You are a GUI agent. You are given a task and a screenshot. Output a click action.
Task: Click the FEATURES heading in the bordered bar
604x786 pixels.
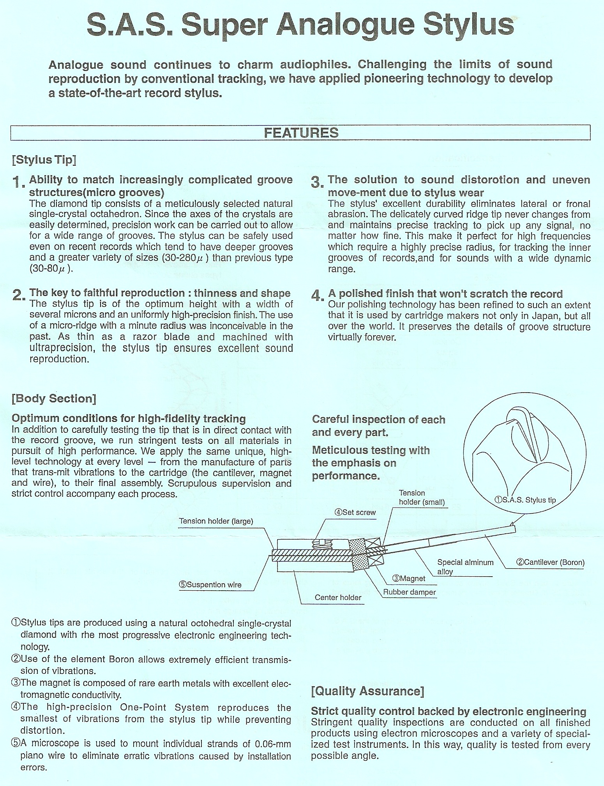point(301,133)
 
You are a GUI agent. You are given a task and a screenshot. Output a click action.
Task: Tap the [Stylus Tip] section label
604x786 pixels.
point(44,160)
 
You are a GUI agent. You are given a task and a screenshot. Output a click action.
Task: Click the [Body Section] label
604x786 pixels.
point(54,398)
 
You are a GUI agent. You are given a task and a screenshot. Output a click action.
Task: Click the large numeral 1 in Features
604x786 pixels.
point(17,182)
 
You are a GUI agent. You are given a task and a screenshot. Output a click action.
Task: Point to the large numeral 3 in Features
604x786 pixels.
point(317,182)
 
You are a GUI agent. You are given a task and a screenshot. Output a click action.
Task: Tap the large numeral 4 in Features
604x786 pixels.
point(317,296)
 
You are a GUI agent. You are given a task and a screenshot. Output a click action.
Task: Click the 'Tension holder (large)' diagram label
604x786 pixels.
point(216,521)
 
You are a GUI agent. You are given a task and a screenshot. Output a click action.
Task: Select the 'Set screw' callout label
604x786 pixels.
point(355,512)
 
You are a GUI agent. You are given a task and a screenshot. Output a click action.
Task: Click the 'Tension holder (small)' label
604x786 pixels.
point(421,498)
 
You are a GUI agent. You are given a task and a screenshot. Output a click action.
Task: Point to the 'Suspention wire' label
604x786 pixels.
point(210,584)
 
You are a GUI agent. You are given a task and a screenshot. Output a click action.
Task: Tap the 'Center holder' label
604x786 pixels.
point(338,597)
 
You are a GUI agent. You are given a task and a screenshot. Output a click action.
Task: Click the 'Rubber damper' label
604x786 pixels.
point(409,592)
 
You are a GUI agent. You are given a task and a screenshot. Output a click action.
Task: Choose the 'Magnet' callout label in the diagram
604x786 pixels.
point(409,578)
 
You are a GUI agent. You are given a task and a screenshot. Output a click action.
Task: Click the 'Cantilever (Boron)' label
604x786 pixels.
point(550,562)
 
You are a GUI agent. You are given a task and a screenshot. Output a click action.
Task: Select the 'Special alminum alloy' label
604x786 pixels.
point(465,567)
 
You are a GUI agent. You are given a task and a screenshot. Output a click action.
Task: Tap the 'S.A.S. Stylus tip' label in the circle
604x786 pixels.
point(525,500)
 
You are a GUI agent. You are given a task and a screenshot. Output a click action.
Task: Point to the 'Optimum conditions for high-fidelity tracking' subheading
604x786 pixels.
point(129,419)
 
